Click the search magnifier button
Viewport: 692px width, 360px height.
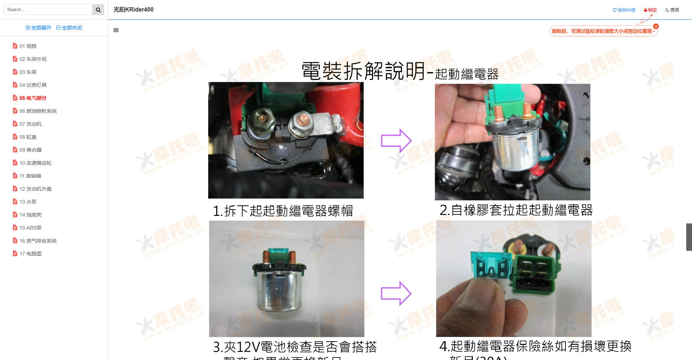pos(98,10)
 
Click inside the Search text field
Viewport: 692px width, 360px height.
pos(48,10)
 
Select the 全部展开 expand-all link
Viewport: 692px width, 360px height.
pos(39,28)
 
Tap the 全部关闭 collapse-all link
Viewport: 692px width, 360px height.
pos(69,28)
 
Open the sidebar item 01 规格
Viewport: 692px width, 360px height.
pos(28,46)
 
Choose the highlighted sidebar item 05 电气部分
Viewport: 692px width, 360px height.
pos(33,98)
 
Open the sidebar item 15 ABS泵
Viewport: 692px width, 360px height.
pos(30,228)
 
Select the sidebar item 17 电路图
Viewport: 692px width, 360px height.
pos(30,254)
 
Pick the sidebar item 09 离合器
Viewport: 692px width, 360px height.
pos(30,150)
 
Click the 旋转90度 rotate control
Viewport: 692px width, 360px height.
pos(624,10)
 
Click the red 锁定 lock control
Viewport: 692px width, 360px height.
pos(651,10)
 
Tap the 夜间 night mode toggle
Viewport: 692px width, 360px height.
pos(672,10)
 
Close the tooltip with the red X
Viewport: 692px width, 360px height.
pos(656,26)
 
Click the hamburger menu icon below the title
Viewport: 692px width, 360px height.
pos(116,30)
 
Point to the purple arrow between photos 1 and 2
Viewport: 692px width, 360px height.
pos(396,141)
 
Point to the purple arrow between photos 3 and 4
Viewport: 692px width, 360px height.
pos(396,293)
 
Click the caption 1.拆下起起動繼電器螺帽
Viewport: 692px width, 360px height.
pos(283,211)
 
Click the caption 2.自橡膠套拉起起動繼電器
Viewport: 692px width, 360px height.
pos(516,210)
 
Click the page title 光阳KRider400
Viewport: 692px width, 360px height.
pos(133,10)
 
